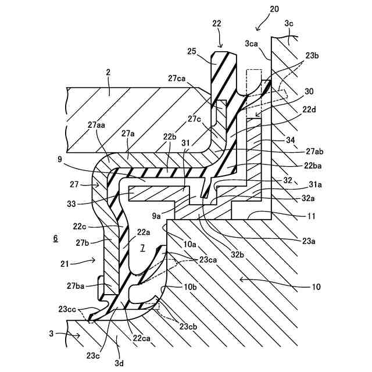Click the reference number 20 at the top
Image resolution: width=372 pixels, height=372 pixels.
coord(274,10)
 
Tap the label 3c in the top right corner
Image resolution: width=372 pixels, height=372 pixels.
coord(289,23)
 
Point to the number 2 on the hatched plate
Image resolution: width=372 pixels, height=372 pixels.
coord(108,73)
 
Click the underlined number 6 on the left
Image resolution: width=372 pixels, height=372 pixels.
coord(55,238)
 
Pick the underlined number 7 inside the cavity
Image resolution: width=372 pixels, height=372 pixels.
coord(142,248)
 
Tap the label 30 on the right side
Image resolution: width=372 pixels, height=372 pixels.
coord(309,91)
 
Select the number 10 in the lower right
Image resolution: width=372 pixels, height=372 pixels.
coord(316,287)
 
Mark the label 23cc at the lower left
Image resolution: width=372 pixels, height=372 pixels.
coord(68,309)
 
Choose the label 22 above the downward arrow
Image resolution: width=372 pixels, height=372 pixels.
coord(217,23)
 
